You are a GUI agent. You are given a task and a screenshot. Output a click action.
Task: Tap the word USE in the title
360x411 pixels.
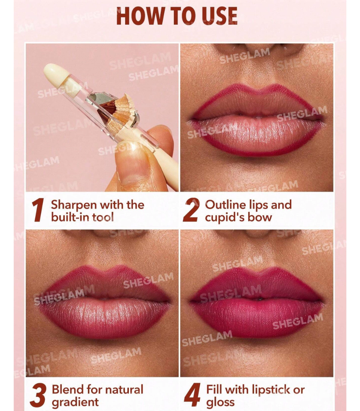click(x=219, y=16)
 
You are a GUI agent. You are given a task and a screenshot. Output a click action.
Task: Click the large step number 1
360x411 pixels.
click(x=38, y=210)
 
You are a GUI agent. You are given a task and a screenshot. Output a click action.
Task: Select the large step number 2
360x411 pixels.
click(x=191, y=210)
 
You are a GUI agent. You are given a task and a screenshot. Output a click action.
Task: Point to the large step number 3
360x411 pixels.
click(x=39, y=395)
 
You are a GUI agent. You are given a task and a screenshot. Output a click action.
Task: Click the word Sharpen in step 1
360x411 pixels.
click(x=74, y=205)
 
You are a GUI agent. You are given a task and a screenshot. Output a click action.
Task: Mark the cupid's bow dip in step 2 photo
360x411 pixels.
click(x=258, y=89)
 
